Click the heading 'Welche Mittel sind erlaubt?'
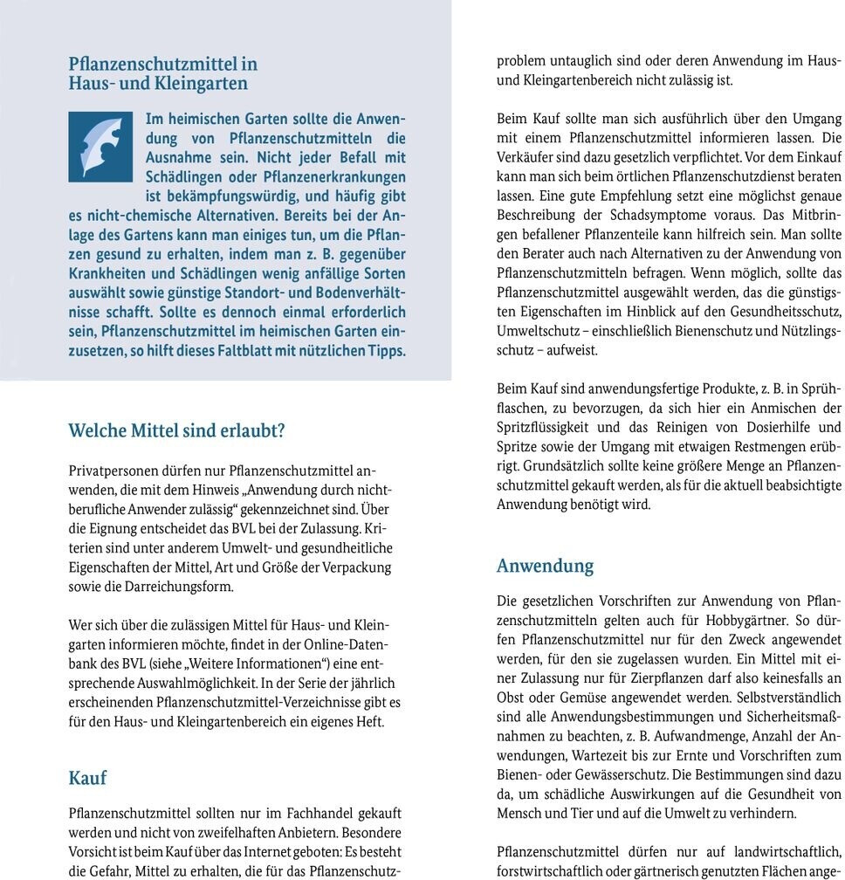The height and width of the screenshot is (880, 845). click(x=177, y=430)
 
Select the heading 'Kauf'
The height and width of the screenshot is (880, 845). click(x=87, y=776)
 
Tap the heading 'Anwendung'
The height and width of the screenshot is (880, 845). click(x=545, y=566)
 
